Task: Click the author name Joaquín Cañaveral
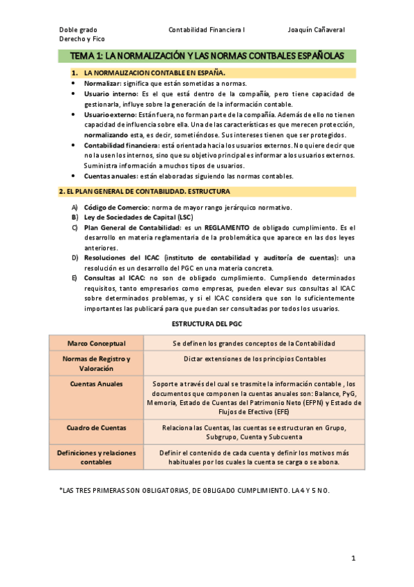(x=316, y=30)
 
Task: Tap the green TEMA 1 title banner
(x=207, y=55)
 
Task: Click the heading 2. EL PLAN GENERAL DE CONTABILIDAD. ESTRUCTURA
(x=144, y=191)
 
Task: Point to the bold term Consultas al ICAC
(x=114, y=278)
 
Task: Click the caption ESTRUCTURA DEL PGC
(x=207, y=324)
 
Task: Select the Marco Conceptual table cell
(x=96, y=343)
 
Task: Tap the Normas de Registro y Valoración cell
(x=96, y=363)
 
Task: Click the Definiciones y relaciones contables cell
(x=96, y=457)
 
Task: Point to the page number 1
(x=352, y=558)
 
